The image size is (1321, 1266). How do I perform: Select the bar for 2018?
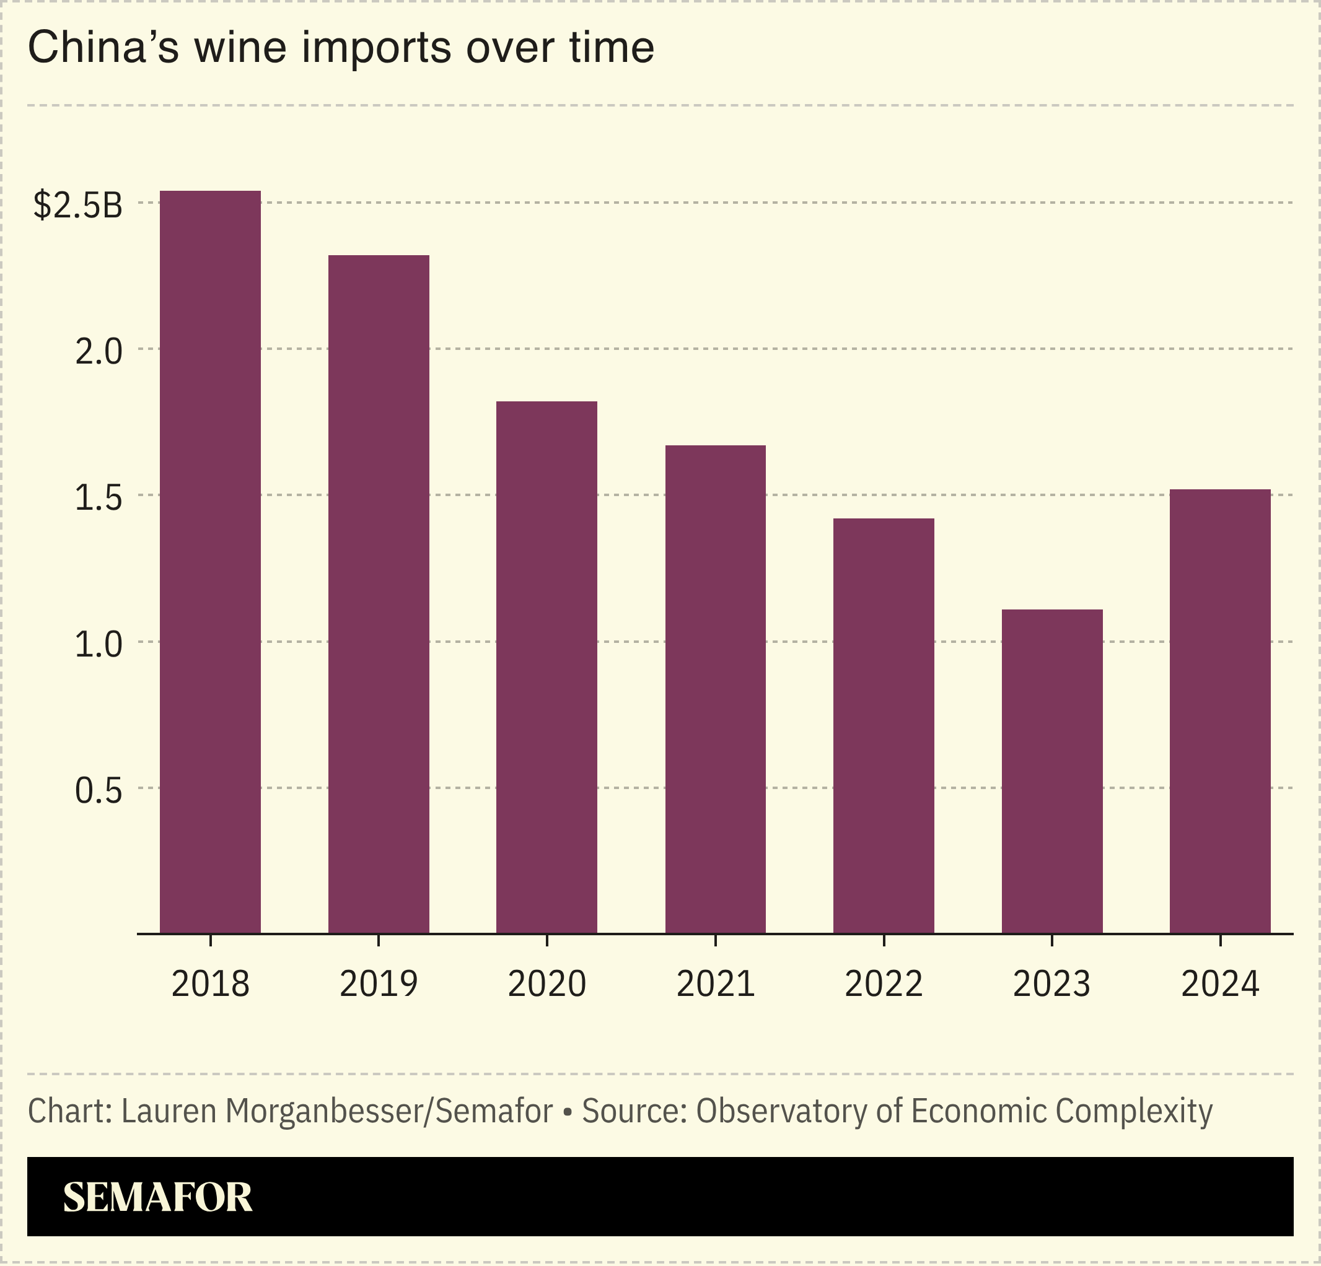pos(209,562)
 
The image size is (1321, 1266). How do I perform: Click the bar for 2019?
pos(378,594)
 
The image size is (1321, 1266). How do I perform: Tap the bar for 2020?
pos(546,667)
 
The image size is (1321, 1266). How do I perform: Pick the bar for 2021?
pos(715,689)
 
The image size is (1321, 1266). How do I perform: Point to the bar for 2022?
pos(884,726)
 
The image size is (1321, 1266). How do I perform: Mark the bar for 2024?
pos(1220,711)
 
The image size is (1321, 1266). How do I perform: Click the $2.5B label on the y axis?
pos(78,205)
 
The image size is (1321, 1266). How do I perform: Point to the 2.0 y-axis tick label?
pos(99,351)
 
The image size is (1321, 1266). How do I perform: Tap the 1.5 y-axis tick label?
pos(99,498)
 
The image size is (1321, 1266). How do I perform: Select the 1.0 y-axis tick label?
pos(99,645)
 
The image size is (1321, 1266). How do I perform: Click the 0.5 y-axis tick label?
pos(99,790)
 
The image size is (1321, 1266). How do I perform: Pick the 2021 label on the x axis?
pos(715,984)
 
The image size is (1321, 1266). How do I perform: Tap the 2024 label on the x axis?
pos(1220,984)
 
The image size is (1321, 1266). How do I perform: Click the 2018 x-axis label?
pos(210,984)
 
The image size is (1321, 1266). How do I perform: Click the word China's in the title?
pos(103,48)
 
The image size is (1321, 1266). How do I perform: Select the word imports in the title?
pos(376,48)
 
